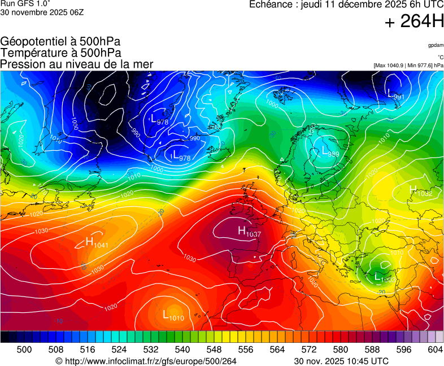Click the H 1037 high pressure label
coord(249,231)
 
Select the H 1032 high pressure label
coord(420,191)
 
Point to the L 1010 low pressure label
coord(173,315)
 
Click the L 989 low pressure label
coord(330,151)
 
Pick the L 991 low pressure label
coord(396,94)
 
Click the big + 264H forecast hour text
coord(413,21)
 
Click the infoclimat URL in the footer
coord(146,361)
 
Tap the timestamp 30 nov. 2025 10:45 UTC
coord(341,361)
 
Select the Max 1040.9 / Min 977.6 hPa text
coord(408,66)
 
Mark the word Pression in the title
coord(22,64)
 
